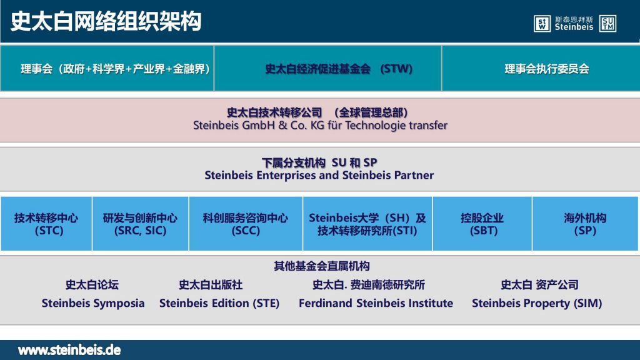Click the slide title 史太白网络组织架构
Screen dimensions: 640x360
coord(106,21)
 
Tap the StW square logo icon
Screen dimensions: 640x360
coord(542,23)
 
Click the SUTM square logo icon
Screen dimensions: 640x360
coord(607,23)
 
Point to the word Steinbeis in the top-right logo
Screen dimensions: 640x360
coord(574,27)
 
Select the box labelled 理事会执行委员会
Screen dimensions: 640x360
coord(541,68)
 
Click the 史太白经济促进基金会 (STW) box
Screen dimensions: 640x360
coord(327,68)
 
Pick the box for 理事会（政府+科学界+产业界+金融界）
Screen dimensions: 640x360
coord(107,68)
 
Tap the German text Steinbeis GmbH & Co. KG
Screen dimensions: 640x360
coord(259,125)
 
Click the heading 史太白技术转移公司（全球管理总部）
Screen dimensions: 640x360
coord(317,112)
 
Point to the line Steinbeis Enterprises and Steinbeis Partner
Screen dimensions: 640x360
coord(319,175)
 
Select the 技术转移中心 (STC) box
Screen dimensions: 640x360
coord(46,224)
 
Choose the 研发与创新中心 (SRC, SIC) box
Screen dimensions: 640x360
coord(141,224)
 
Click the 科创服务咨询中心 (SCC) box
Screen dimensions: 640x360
coord(246,224)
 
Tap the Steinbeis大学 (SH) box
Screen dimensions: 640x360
coord(367,224)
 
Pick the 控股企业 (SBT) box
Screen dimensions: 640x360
coord(482,224)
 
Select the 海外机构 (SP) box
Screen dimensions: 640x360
coord(585,224)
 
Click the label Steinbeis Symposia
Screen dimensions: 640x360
coord(93,303)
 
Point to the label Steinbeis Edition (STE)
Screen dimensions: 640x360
coord(219,303)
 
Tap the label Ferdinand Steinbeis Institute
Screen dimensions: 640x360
coord(376,303)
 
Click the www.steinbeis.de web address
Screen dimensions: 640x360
coord(69,350)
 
